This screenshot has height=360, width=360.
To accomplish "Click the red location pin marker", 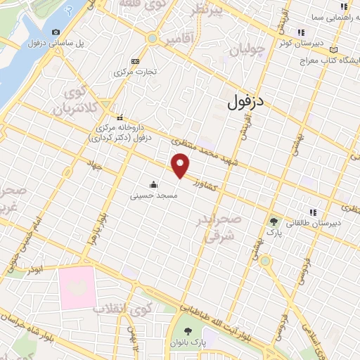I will (x=181, y=166).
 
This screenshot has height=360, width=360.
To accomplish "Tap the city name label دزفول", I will (x=245, y=103).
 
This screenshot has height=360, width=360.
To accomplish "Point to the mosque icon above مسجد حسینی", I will (x=154, y=184).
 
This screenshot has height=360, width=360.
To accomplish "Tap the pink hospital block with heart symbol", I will (x=77, y=286).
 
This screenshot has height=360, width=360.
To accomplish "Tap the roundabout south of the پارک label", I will (x=265, y=261).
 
